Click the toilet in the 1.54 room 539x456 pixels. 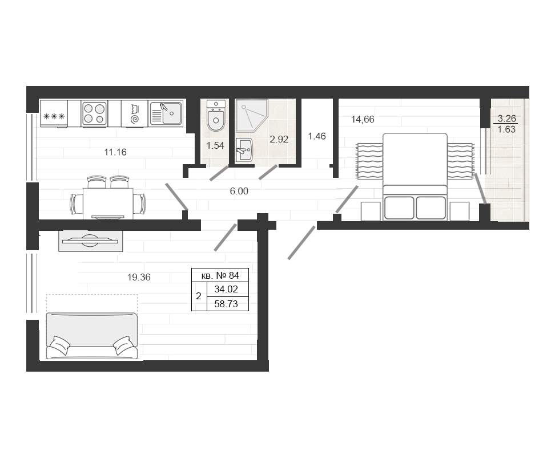click(x=216, y=115)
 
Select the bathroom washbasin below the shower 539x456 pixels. click(x=244, y=150)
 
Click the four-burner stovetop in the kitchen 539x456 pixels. click(x=94, y=113)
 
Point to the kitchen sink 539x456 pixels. click(x=166, y=113)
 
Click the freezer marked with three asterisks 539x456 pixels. click(x=54, y=113)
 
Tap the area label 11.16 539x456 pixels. click(x=115, y=152)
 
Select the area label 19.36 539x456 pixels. click(x=139, y=277)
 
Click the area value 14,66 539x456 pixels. click(x=363, y=119)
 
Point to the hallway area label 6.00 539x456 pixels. click(x=239, y=191)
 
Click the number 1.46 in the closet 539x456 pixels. click(x=316, y=136)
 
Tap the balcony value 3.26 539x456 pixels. click(x=506, y=119)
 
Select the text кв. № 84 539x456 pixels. click(x=220, y=275)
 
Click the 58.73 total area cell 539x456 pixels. click(x=226, y=304)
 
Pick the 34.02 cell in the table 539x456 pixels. click(x=226, y=289)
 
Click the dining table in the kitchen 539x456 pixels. click(x=108, y=203)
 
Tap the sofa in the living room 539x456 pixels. click(x=92, y=336)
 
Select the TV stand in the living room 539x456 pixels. click(x=90, y=241)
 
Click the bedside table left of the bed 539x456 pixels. click(x=371, y=211)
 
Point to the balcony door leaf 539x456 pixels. click(x=480, y=189)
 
